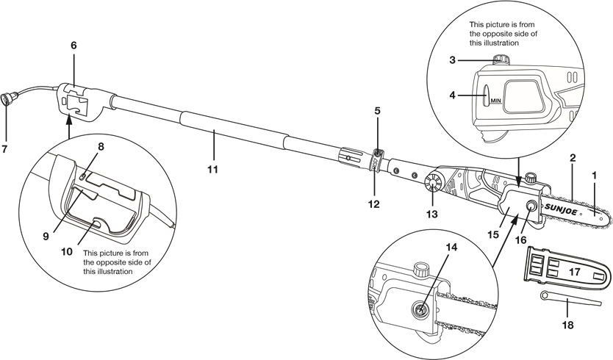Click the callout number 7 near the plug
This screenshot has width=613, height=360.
pos(4,149)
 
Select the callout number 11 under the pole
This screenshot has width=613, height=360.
pos(212,169)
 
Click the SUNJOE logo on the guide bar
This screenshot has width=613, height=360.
pos(562,206)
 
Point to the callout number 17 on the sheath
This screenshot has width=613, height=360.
pos(574,271)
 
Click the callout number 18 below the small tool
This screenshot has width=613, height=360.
pos(567,325)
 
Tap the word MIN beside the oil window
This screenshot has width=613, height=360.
pos(495,101)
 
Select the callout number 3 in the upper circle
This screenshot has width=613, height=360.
pos(452,60)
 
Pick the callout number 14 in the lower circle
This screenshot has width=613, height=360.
pos(451,247)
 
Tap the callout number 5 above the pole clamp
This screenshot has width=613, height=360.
pos(377,111)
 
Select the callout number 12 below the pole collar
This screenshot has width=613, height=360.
pos(374,204)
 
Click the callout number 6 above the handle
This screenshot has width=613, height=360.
pos(74,46)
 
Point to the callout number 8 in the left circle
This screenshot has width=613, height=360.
pos(101,147)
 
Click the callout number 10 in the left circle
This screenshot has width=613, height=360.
pos(66,251)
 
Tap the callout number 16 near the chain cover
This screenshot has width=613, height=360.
pos(520,240)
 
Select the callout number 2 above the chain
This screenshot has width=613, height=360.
pos(573,158)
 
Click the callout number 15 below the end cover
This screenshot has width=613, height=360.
pos(493,234)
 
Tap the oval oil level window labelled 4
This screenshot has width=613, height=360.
pos(486,95)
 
